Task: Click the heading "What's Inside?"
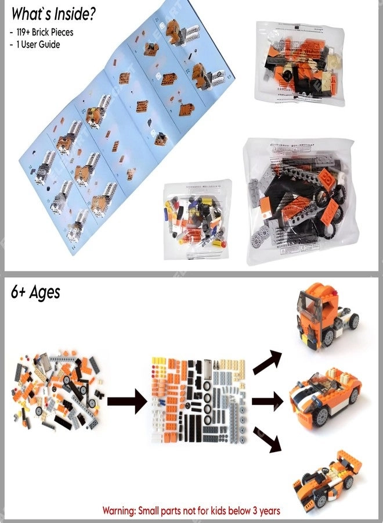[53, 14]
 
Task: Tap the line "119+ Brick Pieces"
[42, 33]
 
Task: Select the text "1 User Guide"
[35, 44]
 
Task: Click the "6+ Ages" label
[35, 292]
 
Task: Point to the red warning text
[191, 510]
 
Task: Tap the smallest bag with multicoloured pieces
[197, 220]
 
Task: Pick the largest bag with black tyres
[298, 202]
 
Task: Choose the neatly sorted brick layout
[199, 400]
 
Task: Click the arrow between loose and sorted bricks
[127, 400]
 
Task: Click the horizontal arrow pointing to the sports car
[268, 400]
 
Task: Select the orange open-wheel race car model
[327, 479]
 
